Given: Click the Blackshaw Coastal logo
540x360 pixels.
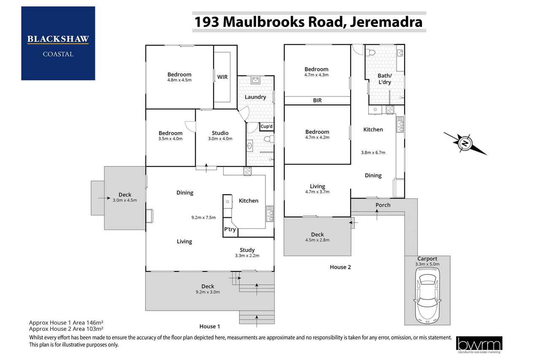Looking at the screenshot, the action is (x=58, y=43).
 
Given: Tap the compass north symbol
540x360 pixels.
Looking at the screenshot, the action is (x=465, y=144).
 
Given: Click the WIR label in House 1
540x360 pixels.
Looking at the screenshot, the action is (x=222, y=77).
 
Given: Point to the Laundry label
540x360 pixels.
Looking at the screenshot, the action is (x=255, y=97).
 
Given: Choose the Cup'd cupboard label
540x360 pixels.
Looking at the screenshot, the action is (x=266, y=126).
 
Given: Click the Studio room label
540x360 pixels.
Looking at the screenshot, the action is (x=220, y=133).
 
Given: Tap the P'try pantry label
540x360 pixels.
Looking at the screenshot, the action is (x=230, y=229).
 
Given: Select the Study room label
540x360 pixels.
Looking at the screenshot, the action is (x=247, y=250).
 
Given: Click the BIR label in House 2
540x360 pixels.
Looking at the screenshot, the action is (x=317, y=100).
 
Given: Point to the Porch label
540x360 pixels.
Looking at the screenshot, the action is (x=383, y=205).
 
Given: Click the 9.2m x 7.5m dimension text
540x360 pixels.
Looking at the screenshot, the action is (x=203, y=217).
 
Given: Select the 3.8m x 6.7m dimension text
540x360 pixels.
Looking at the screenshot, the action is (x=373, y=152).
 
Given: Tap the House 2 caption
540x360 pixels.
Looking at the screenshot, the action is (x=340, y=267).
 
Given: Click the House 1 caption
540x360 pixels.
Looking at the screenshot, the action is (x=210, y=326).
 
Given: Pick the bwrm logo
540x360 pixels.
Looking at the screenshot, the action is (x=479, y=344).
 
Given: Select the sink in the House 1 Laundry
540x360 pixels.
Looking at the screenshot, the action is (x=255, y=80).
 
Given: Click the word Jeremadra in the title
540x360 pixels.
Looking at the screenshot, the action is (x=386, y=22).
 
